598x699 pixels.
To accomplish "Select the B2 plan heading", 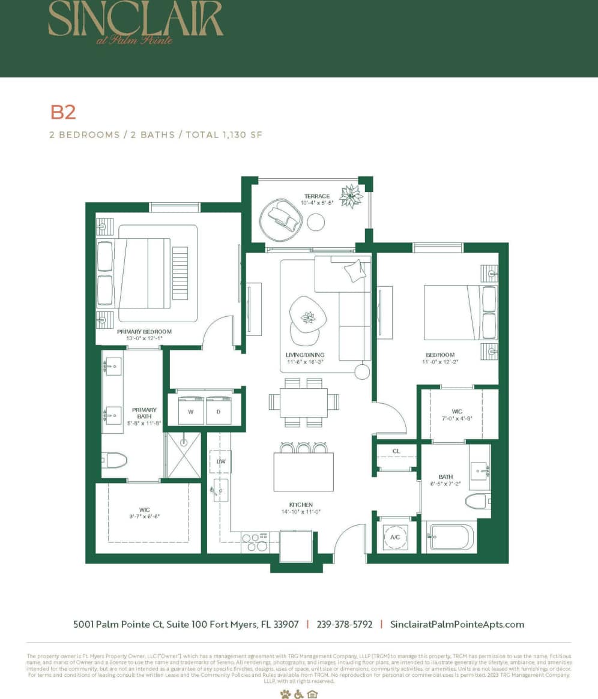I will (62, 112).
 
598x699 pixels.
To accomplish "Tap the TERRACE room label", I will (316, 197).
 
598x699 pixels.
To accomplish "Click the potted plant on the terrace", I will (350, 194).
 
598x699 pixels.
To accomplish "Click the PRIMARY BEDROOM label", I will (144, 332).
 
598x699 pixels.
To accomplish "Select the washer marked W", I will (191, 412).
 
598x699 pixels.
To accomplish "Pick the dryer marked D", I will (218, 412).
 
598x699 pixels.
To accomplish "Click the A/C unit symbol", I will (395, 537).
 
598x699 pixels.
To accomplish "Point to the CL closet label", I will (396, 451).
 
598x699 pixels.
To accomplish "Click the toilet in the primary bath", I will (114, 461).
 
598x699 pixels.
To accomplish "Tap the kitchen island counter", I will (303, 472).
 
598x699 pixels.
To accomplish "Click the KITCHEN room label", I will (300, 505).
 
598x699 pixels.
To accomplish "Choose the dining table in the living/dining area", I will (303, 403).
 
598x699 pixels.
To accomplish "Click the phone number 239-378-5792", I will (344, 624).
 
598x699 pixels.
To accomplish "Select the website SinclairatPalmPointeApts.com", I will (457, 624).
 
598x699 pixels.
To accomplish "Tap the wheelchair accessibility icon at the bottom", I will (299, 694).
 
